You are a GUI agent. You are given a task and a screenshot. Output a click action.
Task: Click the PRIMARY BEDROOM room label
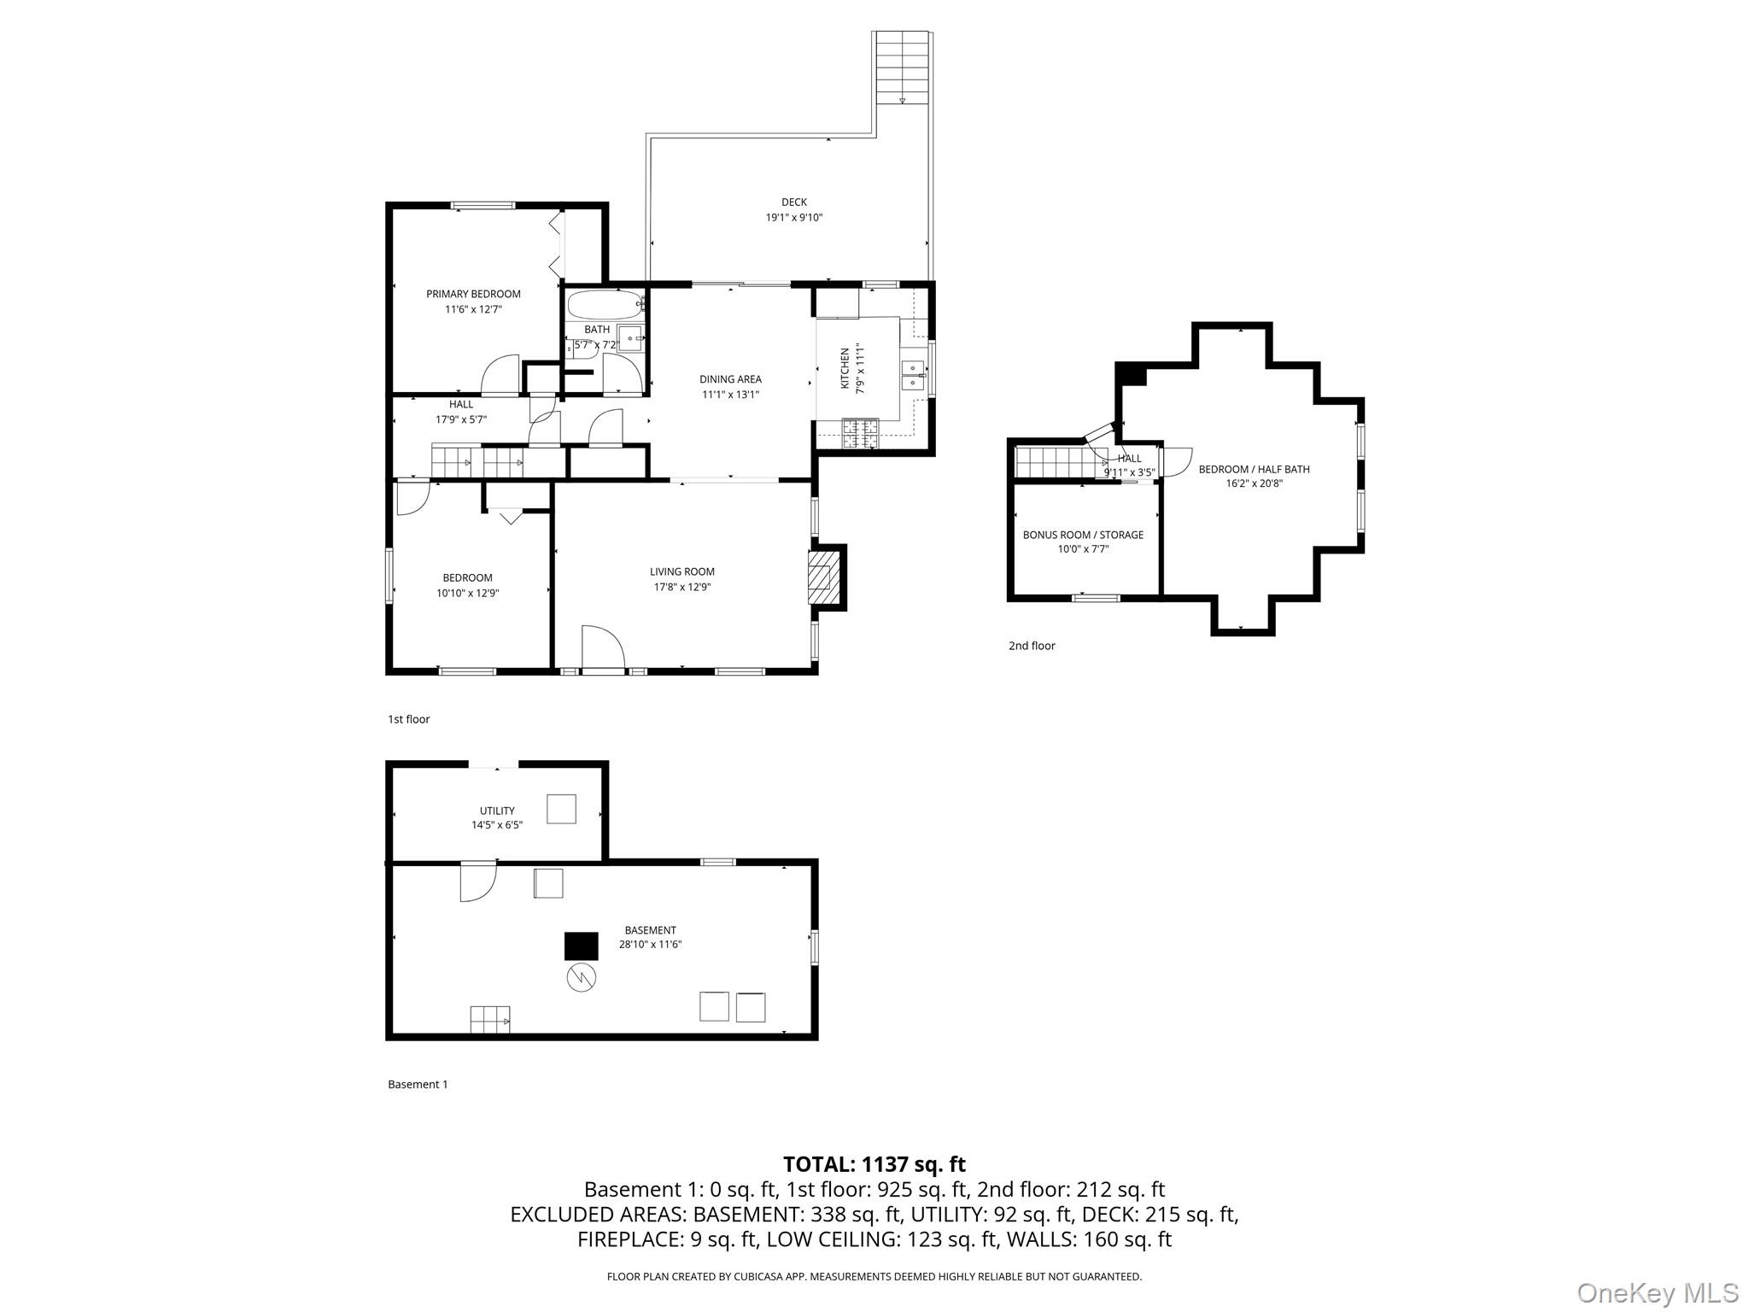pyautogui.click(x=473, y=294)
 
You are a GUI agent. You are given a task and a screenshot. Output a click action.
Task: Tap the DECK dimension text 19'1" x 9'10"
pyautogui.click(x=793, y=218)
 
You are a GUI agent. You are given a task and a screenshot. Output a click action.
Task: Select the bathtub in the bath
pyautogui.click(x=604, y=303)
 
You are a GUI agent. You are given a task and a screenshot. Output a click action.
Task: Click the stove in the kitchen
pyautogui.click(x=860, y=433)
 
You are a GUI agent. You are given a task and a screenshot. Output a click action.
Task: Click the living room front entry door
pyautogui.click(x=603, y=649)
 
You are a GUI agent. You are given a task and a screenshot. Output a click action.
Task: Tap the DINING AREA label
pyautogui.click(x=730, y=379)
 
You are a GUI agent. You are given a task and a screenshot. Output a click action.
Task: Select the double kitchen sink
pyautogui.click(x=913, y=375)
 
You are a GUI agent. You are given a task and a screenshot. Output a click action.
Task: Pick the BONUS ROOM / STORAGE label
pyautogui.click(x=1083, y=535)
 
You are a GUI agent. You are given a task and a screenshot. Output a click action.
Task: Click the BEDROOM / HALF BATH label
pyautogui.click(x=1254, y=469)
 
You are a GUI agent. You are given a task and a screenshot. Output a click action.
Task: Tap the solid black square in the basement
pyautogui.click(x=581, y=946)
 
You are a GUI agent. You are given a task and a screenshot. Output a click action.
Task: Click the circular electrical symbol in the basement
pyautogui.click(x=581, y=977)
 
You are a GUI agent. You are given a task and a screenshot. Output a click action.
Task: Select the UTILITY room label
pyautogui.click(x=497, y=811)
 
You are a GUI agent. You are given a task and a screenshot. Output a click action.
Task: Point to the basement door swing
pyautogui.click(x=477, y=882)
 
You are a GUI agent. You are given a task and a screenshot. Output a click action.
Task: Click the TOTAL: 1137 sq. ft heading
pyautogui.click(x=874, y=1164)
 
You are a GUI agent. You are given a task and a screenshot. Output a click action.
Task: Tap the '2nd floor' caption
pyautogui.click(x=1032, y=646)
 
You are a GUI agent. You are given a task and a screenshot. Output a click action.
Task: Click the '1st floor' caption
pyautogui.click(x=409, y=719)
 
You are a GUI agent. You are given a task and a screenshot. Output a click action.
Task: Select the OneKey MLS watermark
pyautogui.click(x=1657, y=1292)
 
